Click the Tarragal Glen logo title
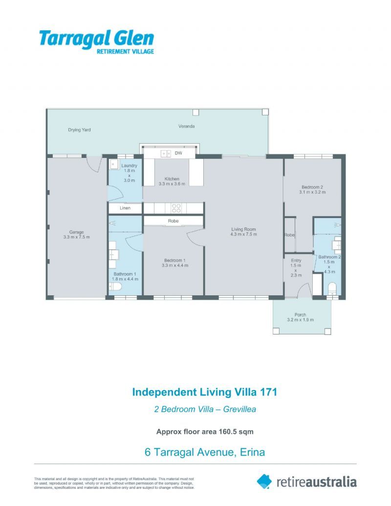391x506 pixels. coord(96,38)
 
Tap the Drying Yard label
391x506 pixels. coord(79,130)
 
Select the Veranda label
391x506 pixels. coord(186,126)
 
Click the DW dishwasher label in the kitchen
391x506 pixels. coord(178,154)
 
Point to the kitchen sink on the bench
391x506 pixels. coord(163,154)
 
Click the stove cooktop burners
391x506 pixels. coord(176,208)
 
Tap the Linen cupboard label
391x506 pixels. coord(125,208)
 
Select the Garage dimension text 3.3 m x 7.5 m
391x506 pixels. coord(76,237)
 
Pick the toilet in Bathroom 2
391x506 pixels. coord(332,287)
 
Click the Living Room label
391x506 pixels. coord(243,229)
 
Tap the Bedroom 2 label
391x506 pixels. coord(312,187)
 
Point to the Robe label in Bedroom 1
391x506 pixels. coord(173,221)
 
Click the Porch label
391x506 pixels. coord(300,314)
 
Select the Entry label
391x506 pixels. coord(296,261)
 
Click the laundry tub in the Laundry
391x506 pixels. coord(113,164)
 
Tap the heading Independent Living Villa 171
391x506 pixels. coord(205,392)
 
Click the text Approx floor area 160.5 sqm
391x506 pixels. coord(204,432)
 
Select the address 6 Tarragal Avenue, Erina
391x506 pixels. coord(205,452)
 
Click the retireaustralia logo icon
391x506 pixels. coord(264,482)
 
